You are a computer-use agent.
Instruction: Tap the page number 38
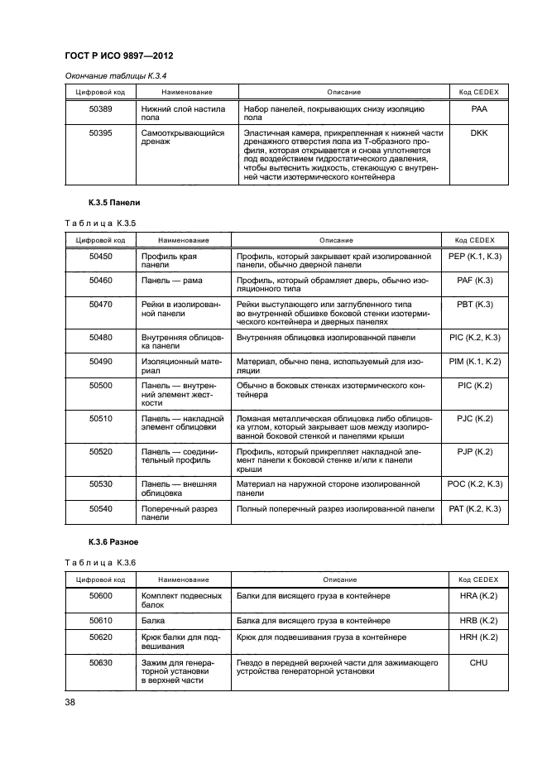point(71,701)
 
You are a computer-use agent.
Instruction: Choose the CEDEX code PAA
point(479,108)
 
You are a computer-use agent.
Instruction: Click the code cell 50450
point(100,257)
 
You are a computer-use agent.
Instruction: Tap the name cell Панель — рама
point(167,281)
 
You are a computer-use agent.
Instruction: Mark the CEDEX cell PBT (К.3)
point(475,305)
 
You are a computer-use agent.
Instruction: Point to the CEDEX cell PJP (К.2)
point(475,451)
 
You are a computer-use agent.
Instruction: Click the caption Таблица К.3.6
point(100,562)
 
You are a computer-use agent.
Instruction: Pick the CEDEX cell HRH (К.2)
point(477,638)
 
